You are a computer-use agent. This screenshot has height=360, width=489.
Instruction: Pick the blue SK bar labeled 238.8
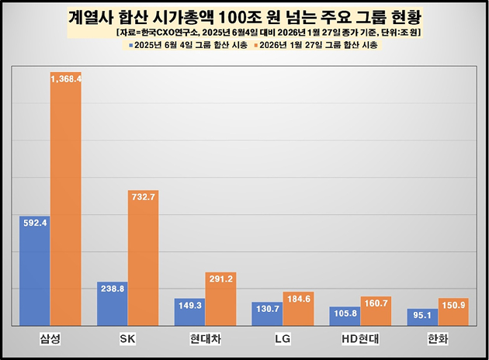pos(113,303)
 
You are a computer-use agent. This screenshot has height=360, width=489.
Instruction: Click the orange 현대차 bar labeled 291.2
pos(220,299)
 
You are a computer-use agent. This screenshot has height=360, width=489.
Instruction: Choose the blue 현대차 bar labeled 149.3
pos(190,312)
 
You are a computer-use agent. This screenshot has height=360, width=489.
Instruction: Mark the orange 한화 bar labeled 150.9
pos(453,312)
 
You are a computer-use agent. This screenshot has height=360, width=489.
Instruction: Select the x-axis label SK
pos(128,338)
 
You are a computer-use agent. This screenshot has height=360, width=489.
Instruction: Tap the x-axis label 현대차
pos(206,338)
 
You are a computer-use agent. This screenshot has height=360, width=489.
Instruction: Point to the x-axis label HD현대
pos(361,338)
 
